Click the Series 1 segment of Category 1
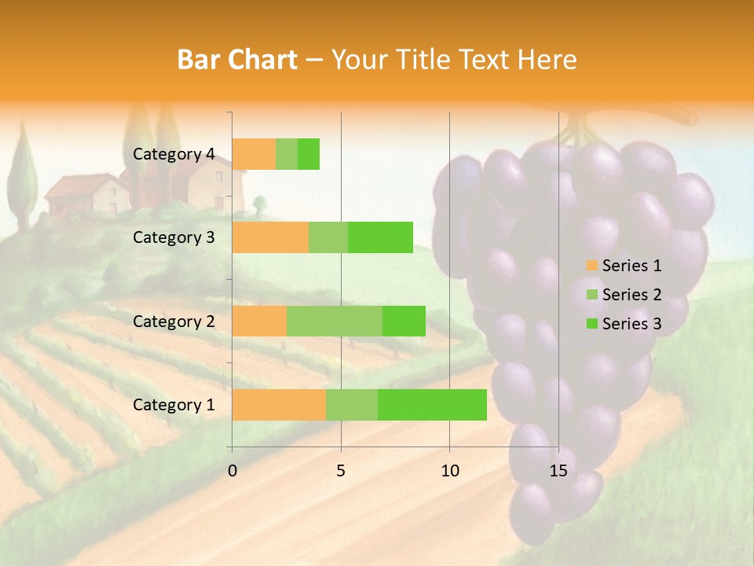pos(279,404)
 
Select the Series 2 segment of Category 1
pos(352,404)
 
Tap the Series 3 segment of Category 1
pos(432,404)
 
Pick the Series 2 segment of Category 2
pos(335,321)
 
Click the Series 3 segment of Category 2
pos(404,321)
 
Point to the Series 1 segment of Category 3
pos(270,237)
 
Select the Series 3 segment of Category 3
pos(380,237)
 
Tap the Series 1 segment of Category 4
pos(254,154)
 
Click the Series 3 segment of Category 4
pos(309,154)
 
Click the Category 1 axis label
pos(174,405)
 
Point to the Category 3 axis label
pos(174,237)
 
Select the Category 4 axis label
pos(174,154)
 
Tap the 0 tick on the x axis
pos(232,471)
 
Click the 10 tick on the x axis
pos(449,471)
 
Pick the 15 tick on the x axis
pos(558,471)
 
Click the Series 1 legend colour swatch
pos(591,266)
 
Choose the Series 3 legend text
pos(631,324)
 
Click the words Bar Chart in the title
pos(237,60)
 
